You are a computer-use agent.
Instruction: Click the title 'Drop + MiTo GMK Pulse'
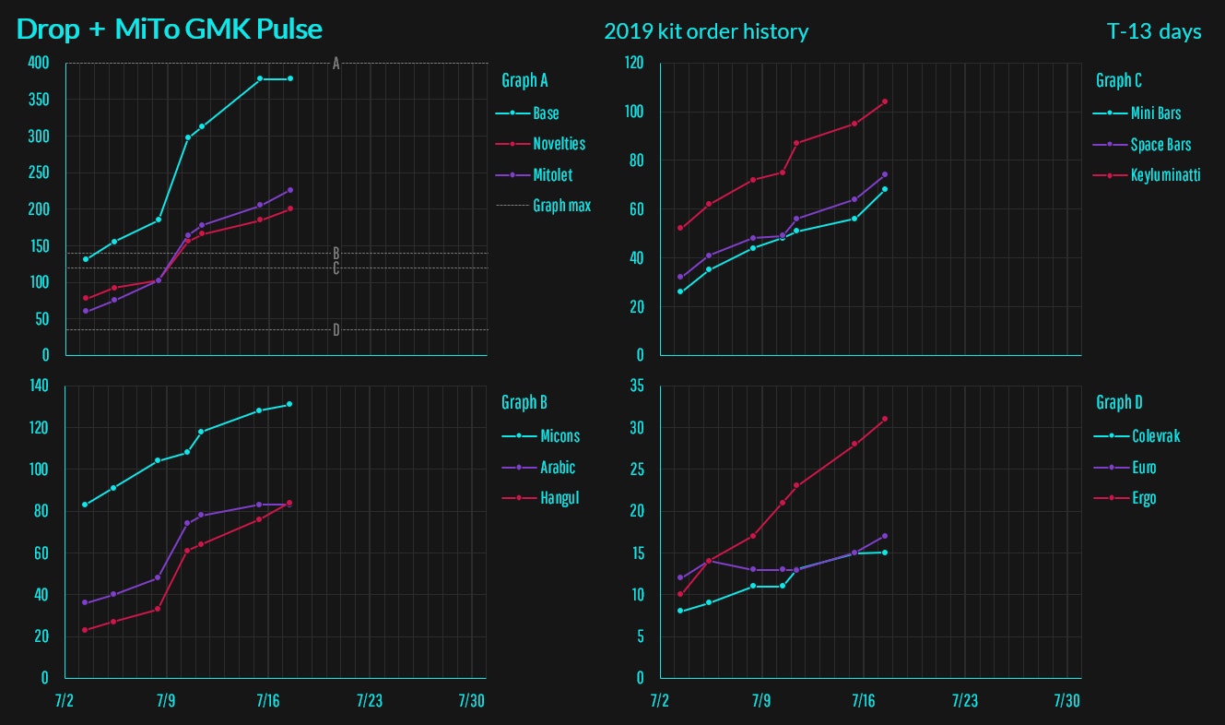(170, 30)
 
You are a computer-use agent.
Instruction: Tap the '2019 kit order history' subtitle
(706, 31)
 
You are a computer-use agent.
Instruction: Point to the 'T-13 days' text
(1154, 31)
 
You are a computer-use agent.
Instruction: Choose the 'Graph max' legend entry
(561, 206)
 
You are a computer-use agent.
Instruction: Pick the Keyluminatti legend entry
(1165, 174)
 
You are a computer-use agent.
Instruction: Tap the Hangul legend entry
(559, 498)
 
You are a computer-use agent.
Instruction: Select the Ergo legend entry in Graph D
(1143, 498)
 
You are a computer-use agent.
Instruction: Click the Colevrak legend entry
(1155, 436)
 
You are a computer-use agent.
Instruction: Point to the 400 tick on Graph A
(38, 64)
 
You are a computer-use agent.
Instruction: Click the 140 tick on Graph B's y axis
(38, 386)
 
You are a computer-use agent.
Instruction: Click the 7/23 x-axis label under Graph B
(369, 701)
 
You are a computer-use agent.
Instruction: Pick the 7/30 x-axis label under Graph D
(1066, 701)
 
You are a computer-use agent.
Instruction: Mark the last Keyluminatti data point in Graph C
(885, 101)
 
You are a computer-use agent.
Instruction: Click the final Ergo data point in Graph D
(885, 419)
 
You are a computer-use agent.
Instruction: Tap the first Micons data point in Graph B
(85, 505)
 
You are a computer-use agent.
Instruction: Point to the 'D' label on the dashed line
(336, 329)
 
